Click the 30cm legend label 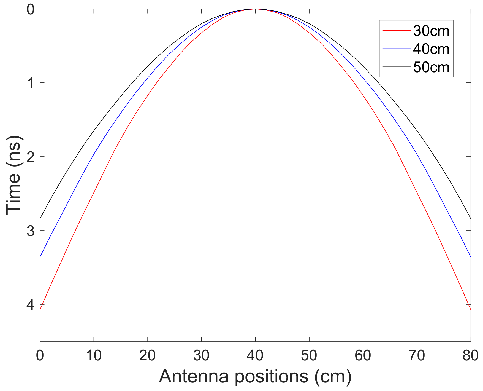431,31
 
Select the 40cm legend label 431,49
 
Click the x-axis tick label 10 94,356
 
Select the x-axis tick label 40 255,356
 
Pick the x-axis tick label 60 363,356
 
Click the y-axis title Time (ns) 14,175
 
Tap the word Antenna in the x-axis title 194,376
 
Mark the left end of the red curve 40,309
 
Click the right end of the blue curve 471,257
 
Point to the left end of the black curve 40,219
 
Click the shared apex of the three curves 255,9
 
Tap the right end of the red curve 471,309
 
